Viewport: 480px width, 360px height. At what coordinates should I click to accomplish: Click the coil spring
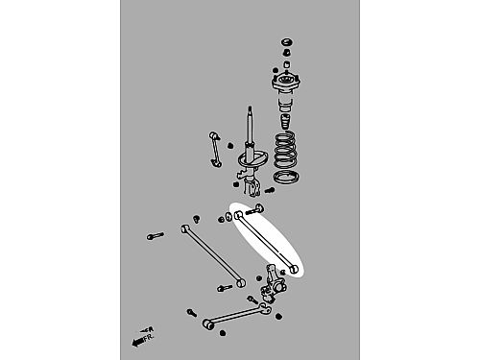click(x=285, y=150)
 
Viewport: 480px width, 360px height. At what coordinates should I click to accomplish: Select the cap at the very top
click(x=287, y=42)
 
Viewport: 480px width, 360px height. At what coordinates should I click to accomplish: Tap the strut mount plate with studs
click(x=286, y=82)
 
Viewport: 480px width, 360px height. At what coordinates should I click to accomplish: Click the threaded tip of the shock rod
click(x=250, y=109)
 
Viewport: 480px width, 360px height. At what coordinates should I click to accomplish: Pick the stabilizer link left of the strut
click(x=215, y=150)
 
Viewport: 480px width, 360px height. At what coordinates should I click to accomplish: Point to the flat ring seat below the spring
click(x=287, y=178)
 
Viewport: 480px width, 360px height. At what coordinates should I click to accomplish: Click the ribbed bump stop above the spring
click(x=285, y=122)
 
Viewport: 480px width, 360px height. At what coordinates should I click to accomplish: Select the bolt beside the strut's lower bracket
click(x=269, y=191)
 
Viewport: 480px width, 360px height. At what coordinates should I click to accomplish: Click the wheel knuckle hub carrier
click(x=273, y=284)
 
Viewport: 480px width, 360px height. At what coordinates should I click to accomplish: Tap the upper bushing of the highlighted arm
click(x=238, y=215)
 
